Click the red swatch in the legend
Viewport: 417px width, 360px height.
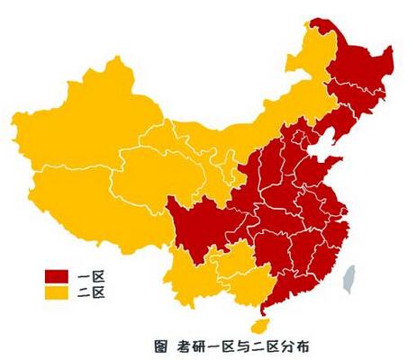(x=59, y=275)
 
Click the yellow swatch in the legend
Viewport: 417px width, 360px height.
(x=59, y=292)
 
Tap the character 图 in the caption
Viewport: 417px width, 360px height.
(x=160, y=344)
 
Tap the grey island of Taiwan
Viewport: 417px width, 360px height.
(x=352, y=275)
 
